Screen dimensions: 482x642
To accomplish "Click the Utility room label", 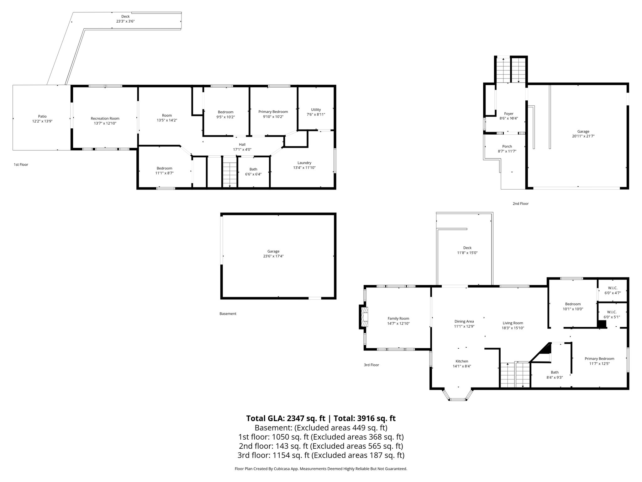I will [x=316, y=110].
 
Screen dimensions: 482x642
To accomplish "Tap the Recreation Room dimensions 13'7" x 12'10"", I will [x=105, y=123].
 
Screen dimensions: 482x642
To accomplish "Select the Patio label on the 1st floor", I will [x=42, y=116].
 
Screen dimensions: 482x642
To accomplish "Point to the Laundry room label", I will [x=304, y=163].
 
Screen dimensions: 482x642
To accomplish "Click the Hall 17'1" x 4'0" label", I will [x=242, y=147].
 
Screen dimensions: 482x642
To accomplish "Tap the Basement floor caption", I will [x=228, y=313].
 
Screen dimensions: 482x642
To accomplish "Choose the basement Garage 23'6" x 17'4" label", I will [x=273, y=254].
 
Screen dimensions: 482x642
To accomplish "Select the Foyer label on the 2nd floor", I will [x=508, y=114].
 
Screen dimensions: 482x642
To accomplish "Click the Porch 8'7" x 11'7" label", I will [x=507, y=149].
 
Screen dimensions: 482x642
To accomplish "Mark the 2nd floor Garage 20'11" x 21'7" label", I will [x=583, y=134].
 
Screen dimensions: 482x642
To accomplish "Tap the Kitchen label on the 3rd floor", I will [x=462, y=361].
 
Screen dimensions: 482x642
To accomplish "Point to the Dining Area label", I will [x=464, y=321].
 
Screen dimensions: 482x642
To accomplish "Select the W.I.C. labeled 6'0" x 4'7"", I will [x=612, y=290].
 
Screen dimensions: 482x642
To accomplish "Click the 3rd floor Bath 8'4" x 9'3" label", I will [x=555, y=375].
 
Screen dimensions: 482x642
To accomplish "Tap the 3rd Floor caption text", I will [x=371, y=365].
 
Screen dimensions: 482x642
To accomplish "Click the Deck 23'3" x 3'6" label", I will [x=125, y=19].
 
